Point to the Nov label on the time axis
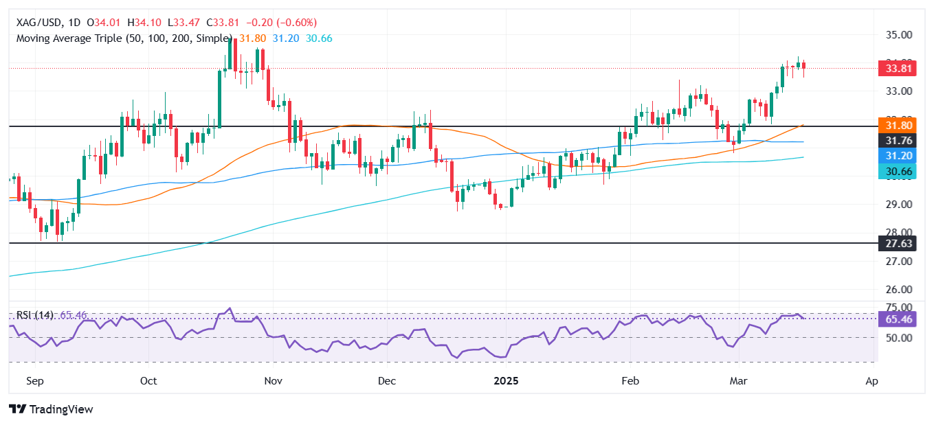click(x=273, y=380)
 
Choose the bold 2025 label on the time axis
click(x=507, y=380)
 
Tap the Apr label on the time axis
click(x=872, y=380)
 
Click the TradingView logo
click(x=52, y=409)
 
